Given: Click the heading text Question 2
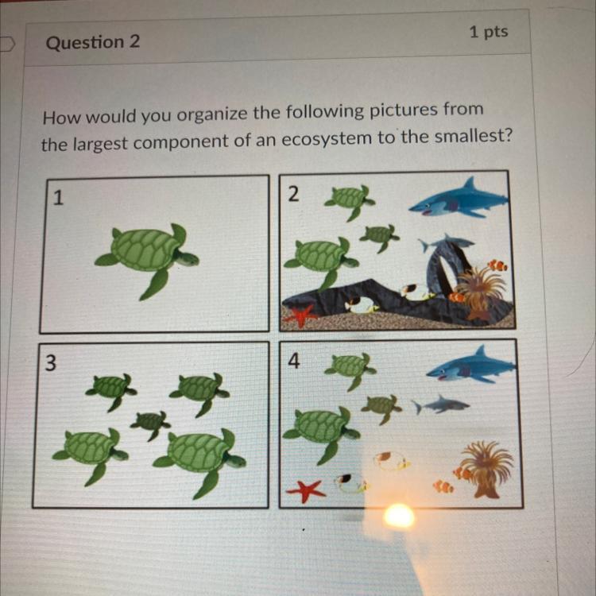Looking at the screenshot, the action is (x=93, y=42).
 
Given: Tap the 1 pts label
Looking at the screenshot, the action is (x=489, y=32).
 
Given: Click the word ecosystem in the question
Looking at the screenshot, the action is (x=327, y=139).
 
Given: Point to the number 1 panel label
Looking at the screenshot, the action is (x=57, y=198).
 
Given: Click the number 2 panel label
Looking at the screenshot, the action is (x=293, y=194).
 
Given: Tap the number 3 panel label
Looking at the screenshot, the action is (x=51, y=362).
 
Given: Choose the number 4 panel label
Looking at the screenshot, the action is (x=294, y=361).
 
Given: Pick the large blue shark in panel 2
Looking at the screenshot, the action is (x=459, y=199).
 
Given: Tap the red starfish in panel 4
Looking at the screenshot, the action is (x=306, y=491).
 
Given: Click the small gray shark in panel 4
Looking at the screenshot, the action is (x=441, y=404).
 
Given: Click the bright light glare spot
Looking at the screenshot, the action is (x=399, y=517).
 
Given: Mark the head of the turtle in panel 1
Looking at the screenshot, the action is (x=188, y=259).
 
